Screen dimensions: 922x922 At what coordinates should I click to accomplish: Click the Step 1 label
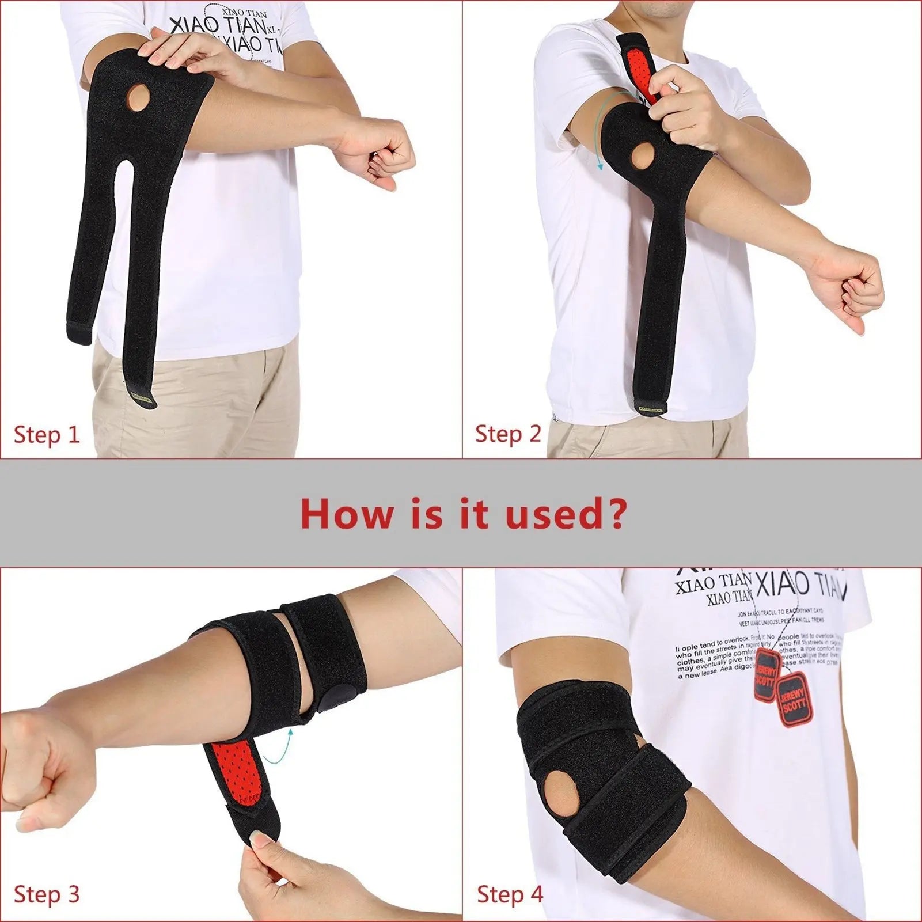click(x=47, y=434)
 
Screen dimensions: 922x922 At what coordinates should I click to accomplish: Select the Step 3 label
click(x=47, y=894)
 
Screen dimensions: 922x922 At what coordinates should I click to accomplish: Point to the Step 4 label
click(x=510, y=894)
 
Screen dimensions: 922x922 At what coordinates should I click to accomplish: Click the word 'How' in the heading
click(x=346, y=514)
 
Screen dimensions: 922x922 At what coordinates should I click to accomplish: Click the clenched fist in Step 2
click(x=852, y=294)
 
